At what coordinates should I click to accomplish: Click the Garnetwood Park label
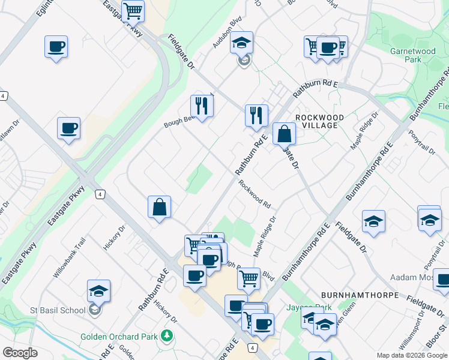[x=412, y=56]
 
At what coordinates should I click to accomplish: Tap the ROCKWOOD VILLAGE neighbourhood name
[x=319, y=121]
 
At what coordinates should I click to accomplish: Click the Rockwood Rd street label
[x=254, y=193]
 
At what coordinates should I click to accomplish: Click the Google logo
[x=20, y=352]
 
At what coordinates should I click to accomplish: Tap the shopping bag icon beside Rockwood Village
[x=284, y=134]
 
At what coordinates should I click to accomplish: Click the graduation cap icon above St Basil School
[x=98, y=291]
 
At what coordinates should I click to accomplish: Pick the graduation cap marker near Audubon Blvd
[x=241, y=43]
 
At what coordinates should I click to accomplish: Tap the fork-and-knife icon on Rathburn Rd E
[x=256, y=115]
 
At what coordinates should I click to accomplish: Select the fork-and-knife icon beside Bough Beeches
[x=202, y=106]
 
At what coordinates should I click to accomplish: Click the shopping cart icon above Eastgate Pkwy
[x=133, y=10]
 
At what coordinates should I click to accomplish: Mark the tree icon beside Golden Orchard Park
[x=166, y=337]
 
